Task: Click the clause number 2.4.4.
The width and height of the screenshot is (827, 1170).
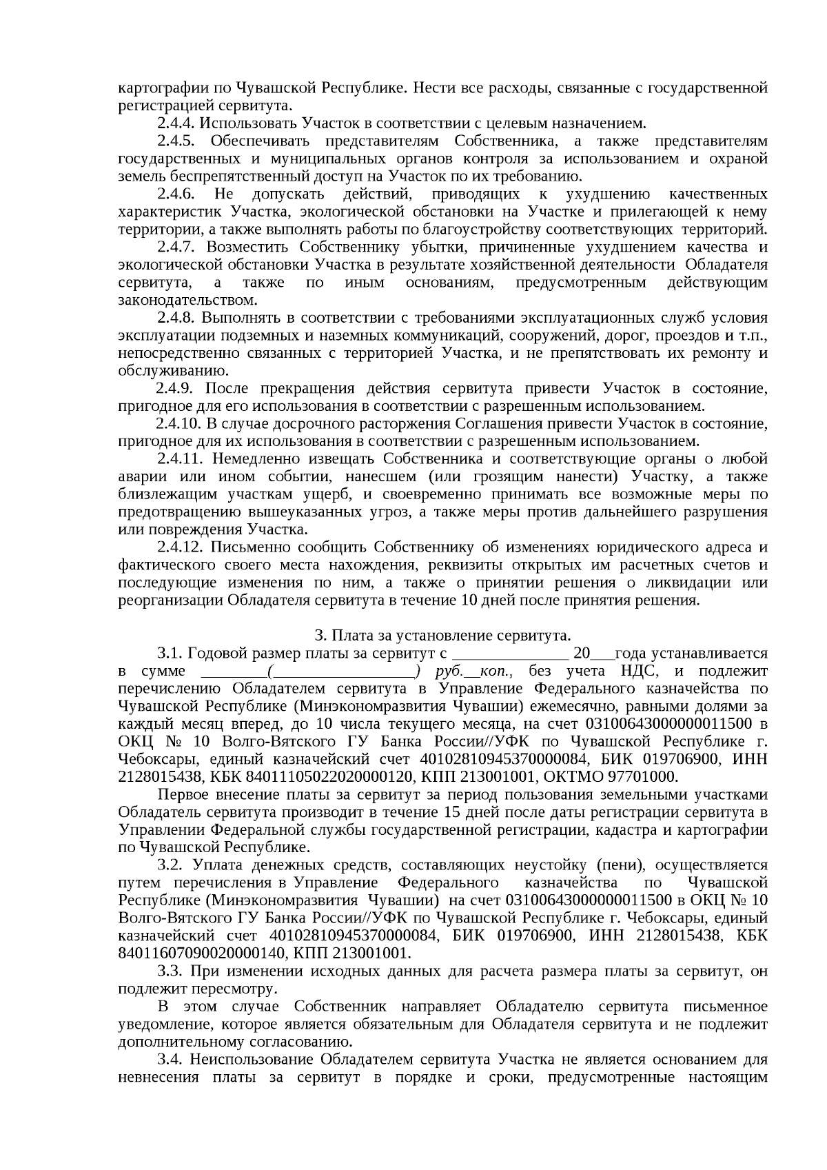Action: (177, 123)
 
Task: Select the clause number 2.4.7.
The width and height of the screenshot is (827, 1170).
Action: (177, 247)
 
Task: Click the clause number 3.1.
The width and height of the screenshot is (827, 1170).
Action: (170, 653)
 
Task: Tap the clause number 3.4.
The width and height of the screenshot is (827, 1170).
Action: (170, 1059)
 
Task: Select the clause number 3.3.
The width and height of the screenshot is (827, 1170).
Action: (170, 971)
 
